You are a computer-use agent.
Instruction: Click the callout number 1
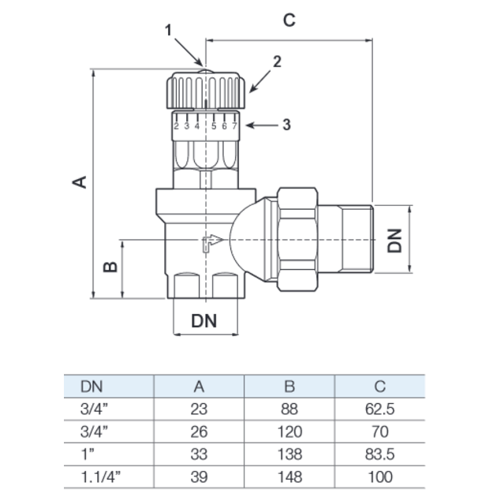[169, 31]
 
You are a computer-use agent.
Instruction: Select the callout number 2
[277, 62]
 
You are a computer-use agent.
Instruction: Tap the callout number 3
[286, 125]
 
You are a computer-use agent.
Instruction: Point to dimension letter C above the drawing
[289, 21]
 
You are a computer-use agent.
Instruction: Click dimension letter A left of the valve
[80, 182]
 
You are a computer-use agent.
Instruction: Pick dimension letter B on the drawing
[110, 267]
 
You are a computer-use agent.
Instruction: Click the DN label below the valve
[204, 321]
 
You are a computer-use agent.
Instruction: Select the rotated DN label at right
[394, 241]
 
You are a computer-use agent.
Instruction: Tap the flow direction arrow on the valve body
[213, 243]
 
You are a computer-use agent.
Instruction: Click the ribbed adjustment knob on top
[206, 90]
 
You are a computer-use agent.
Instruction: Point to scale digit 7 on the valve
[234, 126]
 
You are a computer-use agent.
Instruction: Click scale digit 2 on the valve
[177, 126]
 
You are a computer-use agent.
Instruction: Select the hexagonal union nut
[297, 239]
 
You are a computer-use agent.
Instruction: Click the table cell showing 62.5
[380, 409]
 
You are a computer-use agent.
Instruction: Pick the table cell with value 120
[289, 431]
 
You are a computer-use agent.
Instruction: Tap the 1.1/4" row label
[101, 477]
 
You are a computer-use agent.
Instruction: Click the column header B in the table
[289, 387]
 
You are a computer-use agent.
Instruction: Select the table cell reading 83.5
[380, 454]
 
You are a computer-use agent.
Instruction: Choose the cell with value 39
[199, 477]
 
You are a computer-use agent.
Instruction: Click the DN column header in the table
[92, 387]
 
